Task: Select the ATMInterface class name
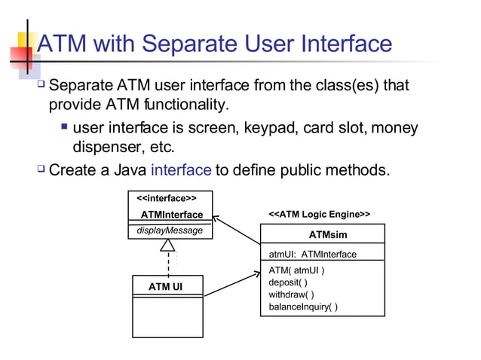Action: tap(167, 215)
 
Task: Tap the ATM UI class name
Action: tap(165, 286)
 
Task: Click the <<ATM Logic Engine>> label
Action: tap(320, 215)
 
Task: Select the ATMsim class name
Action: tap(328, 235)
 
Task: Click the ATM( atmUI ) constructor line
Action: tap(297, 270)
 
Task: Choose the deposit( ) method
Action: tap(288, 282)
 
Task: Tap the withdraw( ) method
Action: tap(291, 294)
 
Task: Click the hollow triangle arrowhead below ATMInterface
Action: tap(168, 245)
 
